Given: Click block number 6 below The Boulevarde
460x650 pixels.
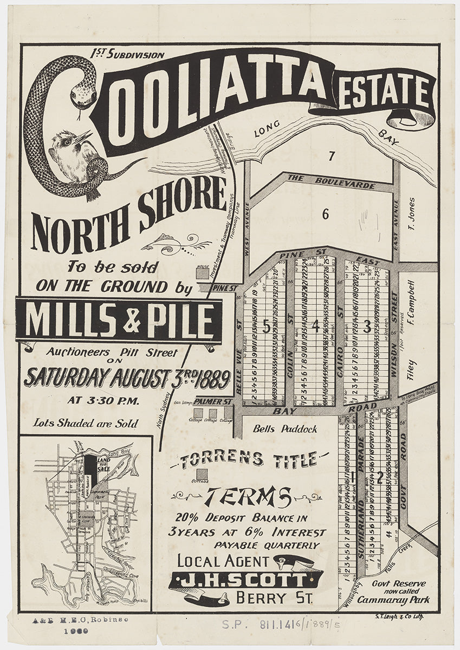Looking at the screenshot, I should [x=325, y=214].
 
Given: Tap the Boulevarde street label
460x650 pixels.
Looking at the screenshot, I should [x=331, y=181].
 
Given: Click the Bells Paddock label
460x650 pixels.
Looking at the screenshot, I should [x=285, y=429].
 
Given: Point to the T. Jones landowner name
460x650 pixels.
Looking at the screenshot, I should [x=411, y=213].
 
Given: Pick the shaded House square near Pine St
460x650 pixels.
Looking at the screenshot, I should [x=202, y=275].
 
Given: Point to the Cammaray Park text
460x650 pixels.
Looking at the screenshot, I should [x=400, y=600].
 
